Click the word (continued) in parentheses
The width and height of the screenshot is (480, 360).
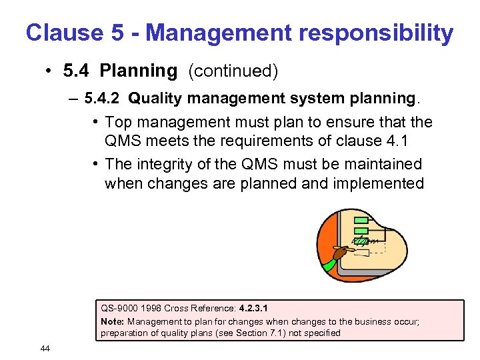pos(233,70)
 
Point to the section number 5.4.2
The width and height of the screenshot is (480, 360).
pos(102,98)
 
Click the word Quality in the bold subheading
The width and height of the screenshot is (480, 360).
pos(153,98)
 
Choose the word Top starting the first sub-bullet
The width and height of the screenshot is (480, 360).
pos(118,122)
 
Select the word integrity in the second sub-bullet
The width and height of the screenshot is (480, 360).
pos(163,164)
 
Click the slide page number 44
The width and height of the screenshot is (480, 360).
pos(45,348)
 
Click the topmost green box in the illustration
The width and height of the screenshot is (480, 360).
pos(361,221)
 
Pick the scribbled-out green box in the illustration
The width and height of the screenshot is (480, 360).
pos(361,241)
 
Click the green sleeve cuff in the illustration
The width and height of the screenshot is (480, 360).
pos(329,264)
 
